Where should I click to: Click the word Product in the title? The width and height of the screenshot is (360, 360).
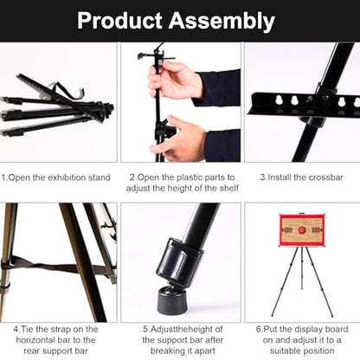[119, 21]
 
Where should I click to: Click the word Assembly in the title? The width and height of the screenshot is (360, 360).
[222, 22]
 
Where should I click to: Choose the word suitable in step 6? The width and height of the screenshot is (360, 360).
[286, 350]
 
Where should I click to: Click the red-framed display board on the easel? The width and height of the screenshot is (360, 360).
[302, 230]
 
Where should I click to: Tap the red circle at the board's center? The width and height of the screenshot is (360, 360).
[302, 230]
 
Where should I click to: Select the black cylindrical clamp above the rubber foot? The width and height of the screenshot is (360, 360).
[179, 261]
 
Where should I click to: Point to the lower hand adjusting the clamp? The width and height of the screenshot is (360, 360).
[180, 138]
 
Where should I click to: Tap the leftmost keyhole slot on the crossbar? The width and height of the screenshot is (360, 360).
[279, 100]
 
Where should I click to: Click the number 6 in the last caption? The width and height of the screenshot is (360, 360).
[258, 329]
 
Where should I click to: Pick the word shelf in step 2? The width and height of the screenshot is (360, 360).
[229, 189]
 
